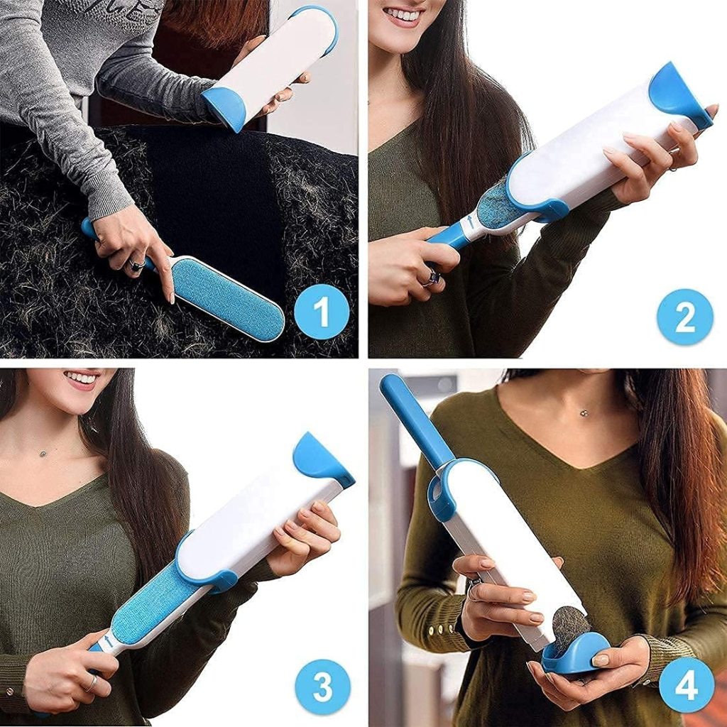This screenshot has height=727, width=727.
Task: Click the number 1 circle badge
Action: click(322, 312)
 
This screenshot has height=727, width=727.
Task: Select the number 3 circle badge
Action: click(323, 687)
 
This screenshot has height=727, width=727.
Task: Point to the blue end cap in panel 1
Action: click(224, 106)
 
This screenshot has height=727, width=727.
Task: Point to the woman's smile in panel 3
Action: click(82, 378)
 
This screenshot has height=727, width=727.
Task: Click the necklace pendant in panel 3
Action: click(43, 452)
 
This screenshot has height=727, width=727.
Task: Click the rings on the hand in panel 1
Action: click(135, 266)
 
